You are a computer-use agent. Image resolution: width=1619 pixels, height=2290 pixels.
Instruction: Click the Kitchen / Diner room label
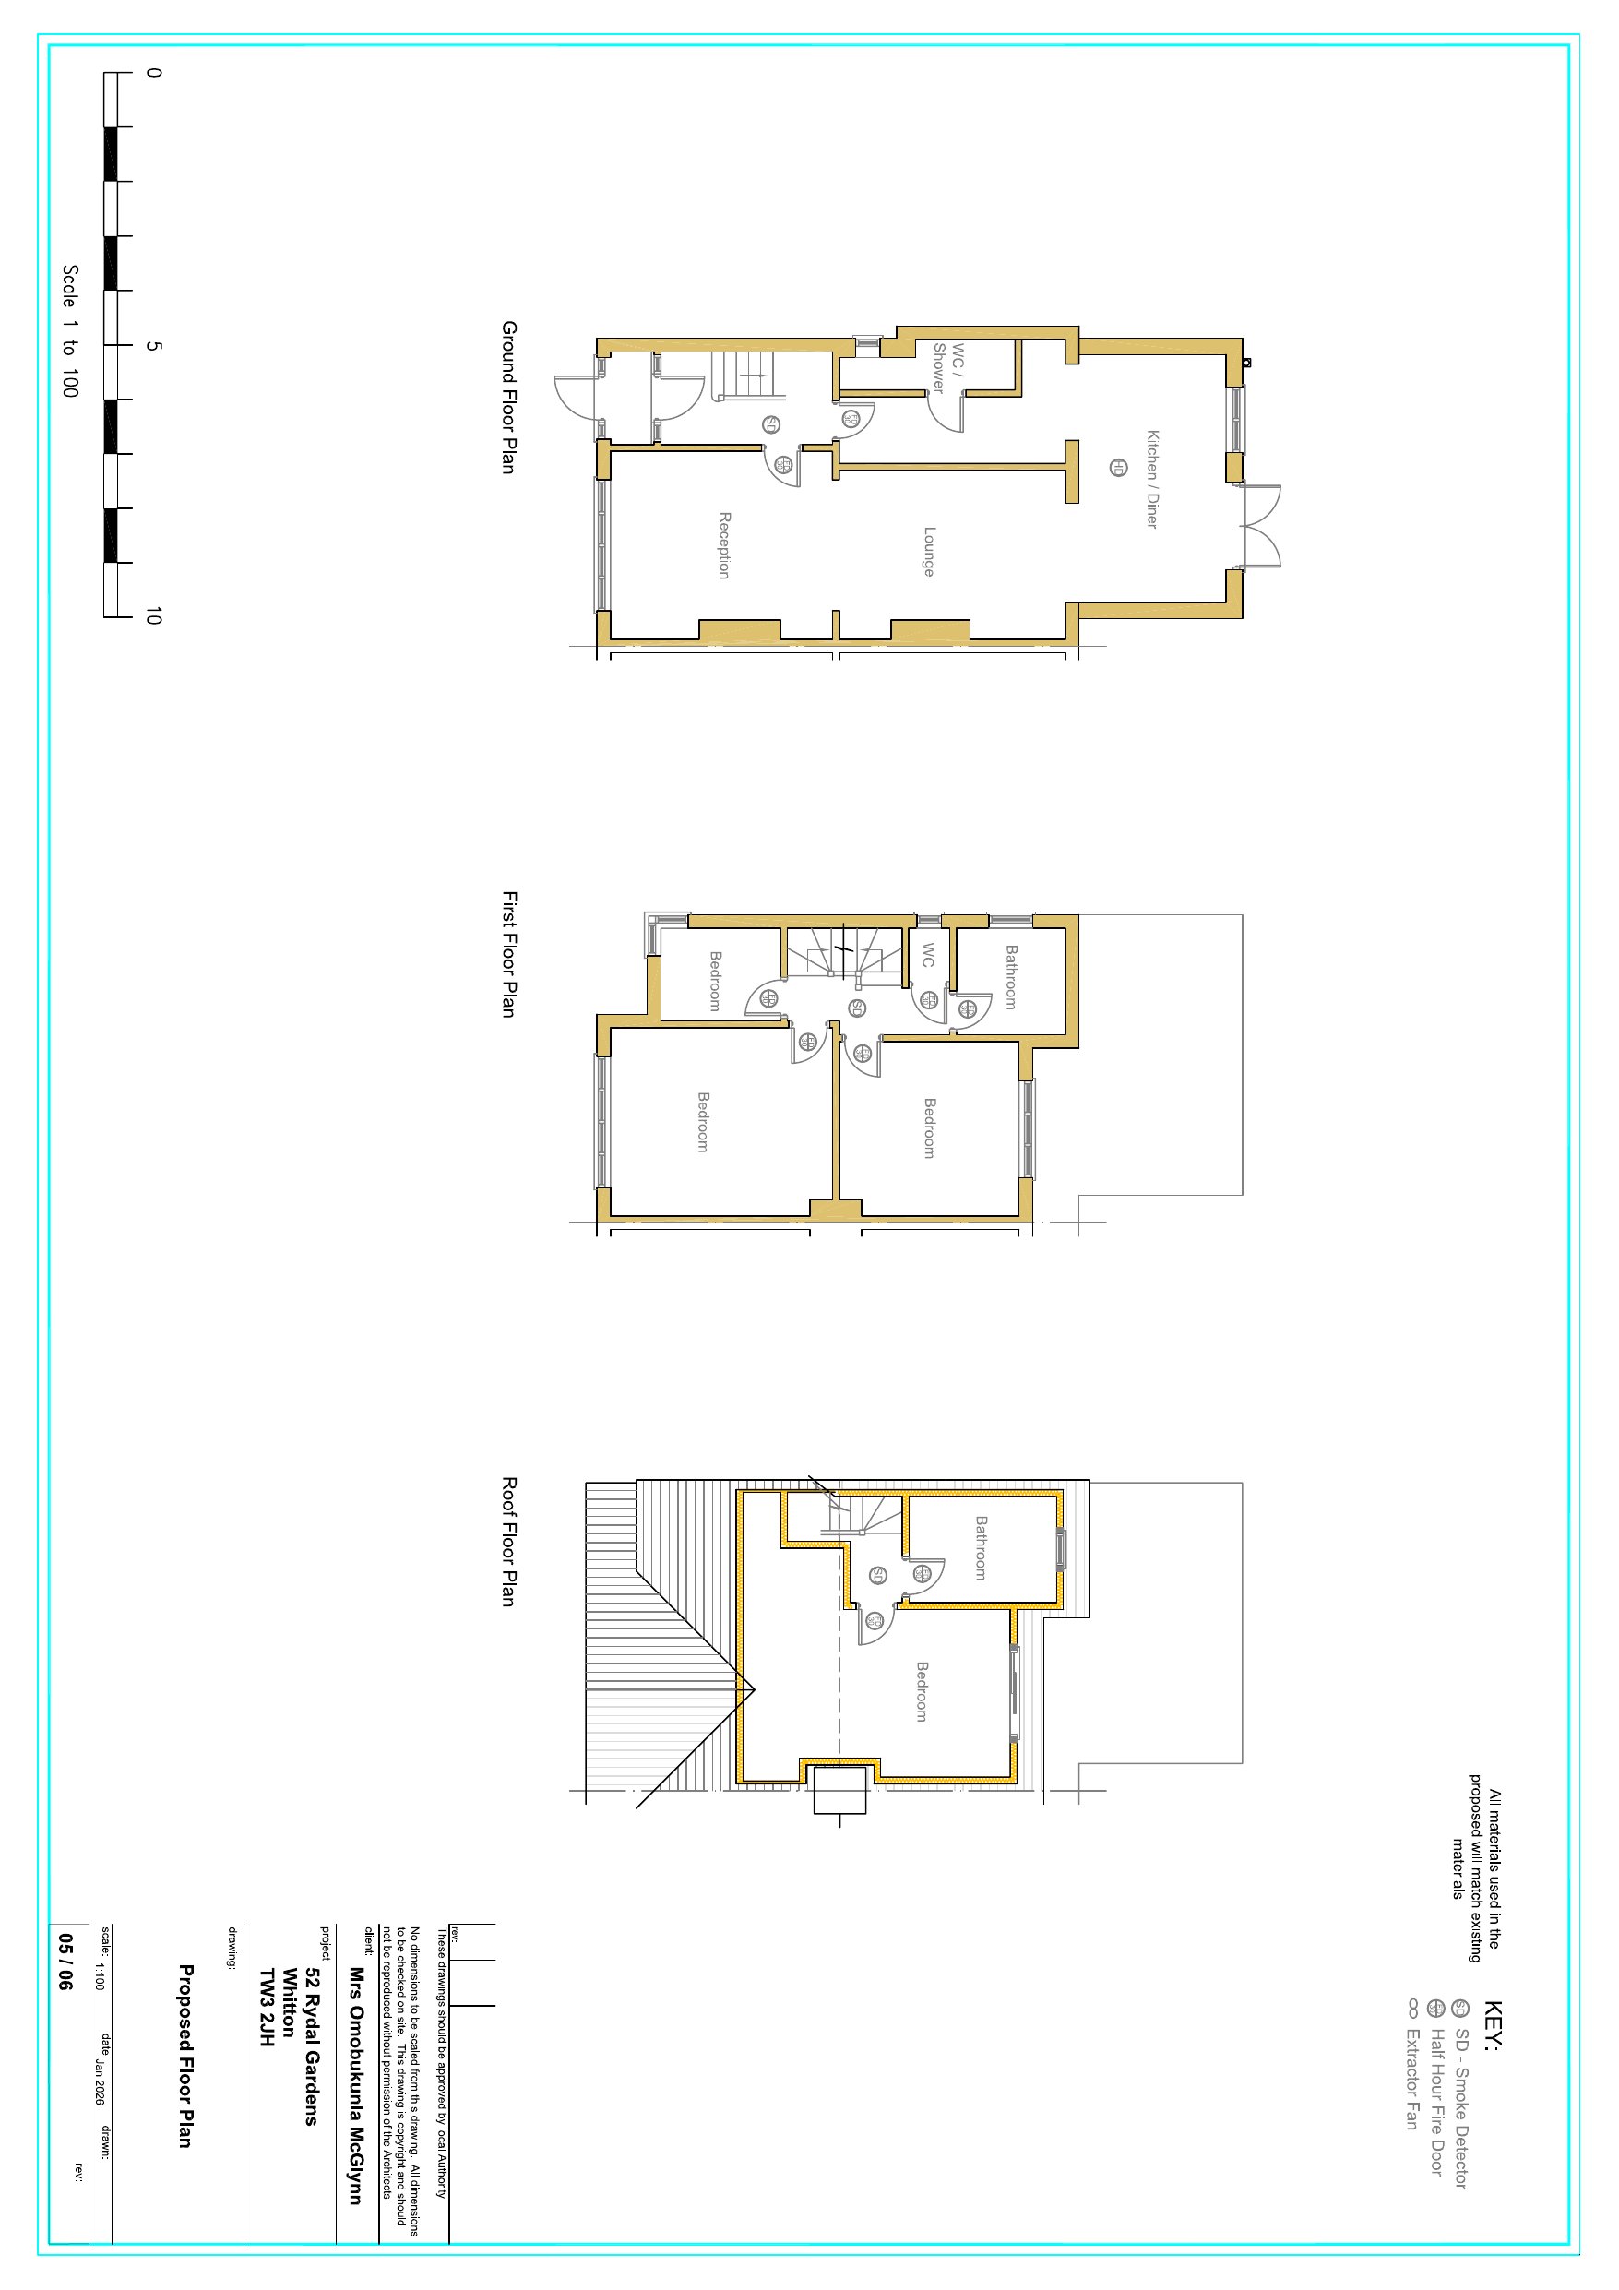pyautogui.click(x=1152, y=479)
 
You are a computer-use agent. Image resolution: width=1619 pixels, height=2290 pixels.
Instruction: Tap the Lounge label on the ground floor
pyautogui.click(x=929, y=552)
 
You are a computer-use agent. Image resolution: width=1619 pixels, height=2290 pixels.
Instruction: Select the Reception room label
pyautogui.click(x=725, y=544)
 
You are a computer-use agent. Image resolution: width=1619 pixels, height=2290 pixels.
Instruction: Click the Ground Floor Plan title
pyautogui.click(x=508, y=397)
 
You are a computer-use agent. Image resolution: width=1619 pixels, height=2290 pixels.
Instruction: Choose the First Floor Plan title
pyautogui.click(x=508, y=955)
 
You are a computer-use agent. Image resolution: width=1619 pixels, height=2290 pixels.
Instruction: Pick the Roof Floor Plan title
pyautogui.click(x=508, y=1542)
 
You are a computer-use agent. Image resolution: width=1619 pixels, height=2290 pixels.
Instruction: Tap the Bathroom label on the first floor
pyautogui.click(x=1011, y=977)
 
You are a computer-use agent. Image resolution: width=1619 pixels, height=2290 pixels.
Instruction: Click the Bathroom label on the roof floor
pyautogui.click(x=981, y=1548)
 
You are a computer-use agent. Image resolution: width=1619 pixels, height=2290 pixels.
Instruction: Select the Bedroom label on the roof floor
pyautogui.click(x=922, y=1690)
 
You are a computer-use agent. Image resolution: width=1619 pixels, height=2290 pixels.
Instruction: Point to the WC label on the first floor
pyautogui.click(x=928, y=955)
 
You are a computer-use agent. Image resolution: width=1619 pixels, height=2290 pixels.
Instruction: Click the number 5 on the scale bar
pyautogui.click(x=152, y=345)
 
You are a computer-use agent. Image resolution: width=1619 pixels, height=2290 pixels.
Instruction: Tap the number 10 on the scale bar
pyautogui.click(x=152, y=616)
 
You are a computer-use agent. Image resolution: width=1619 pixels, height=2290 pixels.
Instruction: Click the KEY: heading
pyautogui.click(x=1493, y=2026)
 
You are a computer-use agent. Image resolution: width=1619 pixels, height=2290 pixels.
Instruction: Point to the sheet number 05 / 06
pyautogui.click(x=65, y=1962)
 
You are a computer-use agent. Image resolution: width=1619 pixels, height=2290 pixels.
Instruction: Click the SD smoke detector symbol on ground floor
pyautogui.click(x=771, y=425)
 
